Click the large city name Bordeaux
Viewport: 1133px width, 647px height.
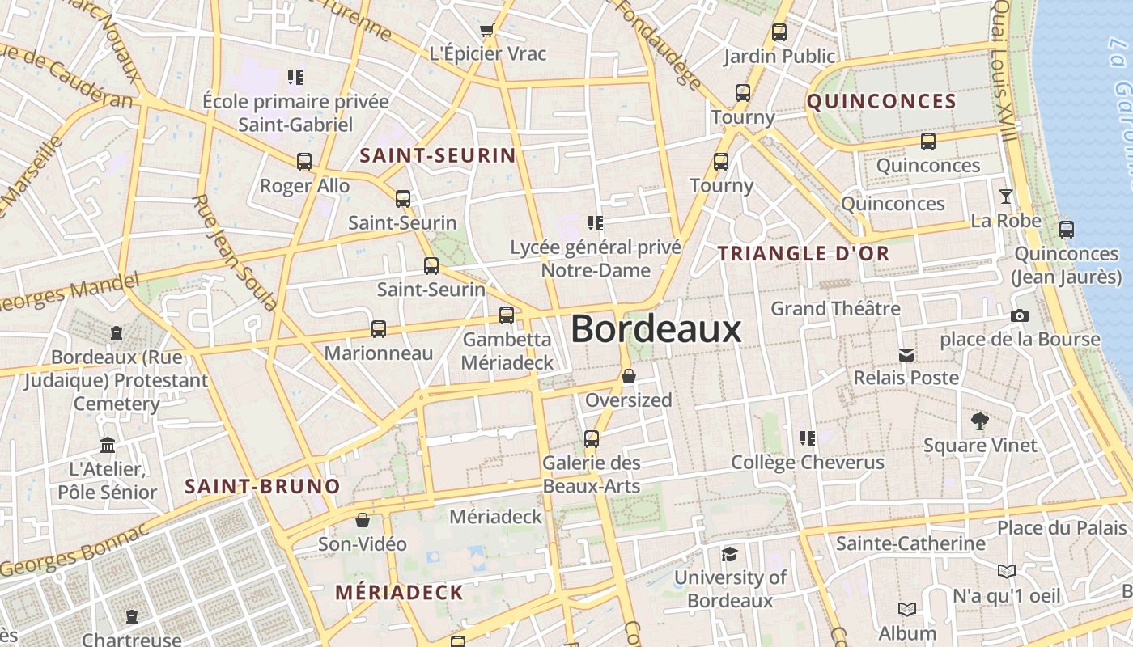[x=656, y=329]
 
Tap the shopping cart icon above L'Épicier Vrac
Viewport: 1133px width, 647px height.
[x=486, y=31]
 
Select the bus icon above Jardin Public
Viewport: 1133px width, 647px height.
[x=779, y=32]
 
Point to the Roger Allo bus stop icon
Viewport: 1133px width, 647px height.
[x=304, y=162]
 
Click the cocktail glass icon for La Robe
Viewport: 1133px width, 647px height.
[x=1005, y=196]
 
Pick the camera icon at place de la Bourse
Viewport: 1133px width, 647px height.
[x=1019, y=315]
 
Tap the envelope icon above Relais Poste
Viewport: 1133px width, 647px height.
[x=906, y=354]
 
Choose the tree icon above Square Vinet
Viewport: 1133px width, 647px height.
[x=979, y=421]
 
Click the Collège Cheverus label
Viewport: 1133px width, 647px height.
[x=808, y=463]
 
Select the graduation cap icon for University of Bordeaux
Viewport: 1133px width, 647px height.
[x=730, y=554]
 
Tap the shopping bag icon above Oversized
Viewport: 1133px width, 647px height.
[x=629, y=376]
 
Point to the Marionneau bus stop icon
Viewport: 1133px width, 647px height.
[x=379, y=329]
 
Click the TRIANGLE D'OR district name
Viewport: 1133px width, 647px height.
[x=804, y=253]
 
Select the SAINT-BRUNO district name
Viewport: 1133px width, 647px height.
[x=262, y=487]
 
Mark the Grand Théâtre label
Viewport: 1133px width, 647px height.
[x=835, y=308]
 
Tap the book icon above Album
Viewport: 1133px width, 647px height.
[x=907, y=609]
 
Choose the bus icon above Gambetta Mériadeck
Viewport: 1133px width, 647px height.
[x=507, y=315]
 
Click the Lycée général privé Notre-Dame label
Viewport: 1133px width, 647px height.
[x=596, y=258]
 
